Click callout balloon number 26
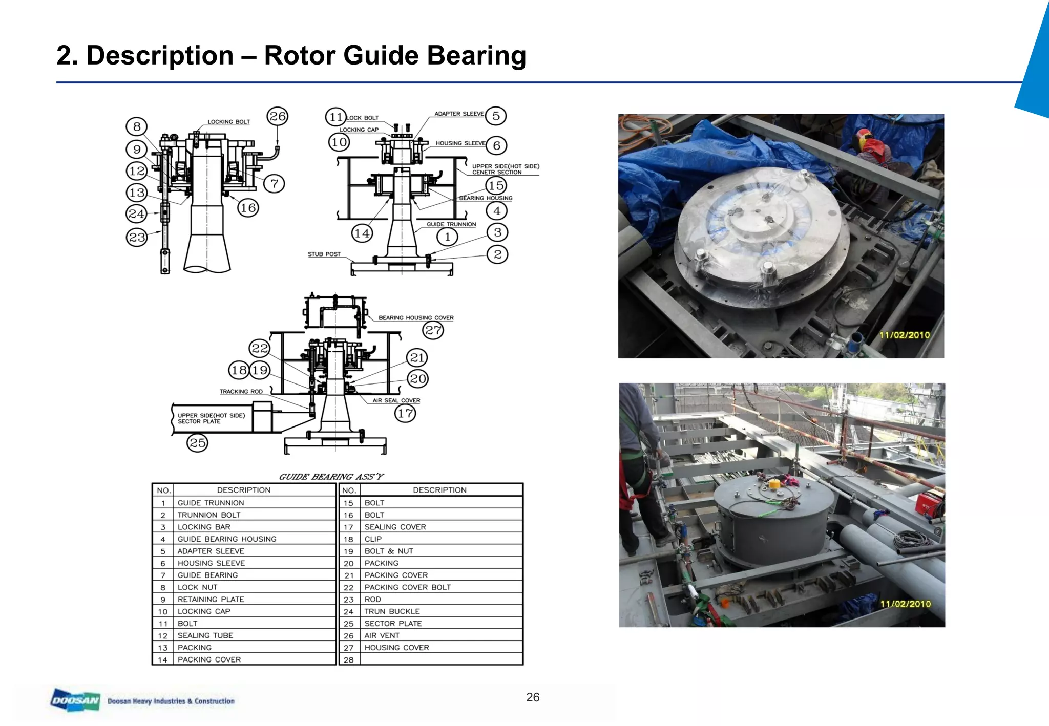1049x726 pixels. tap(277, 117)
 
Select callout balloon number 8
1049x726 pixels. tap(136, 126)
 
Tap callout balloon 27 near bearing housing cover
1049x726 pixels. tap(433, 330)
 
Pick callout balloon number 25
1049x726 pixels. tap(197, 443)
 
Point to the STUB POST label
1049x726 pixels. tap(324, 254)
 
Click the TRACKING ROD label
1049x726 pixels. tap(241, 392)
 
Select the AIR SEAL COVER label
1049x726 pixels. tap(396, 400)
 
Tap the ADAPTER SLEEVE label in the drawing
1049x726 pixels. tap(458, 114)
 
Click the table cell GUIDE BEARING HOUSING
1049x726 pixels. tap(226, 539)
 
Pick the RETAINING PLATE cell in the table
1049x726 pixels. tap(211, 599)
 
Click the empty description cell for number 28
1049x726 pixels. tap(440, 659)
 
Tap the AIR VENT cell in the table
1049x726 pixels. tap(382, 635)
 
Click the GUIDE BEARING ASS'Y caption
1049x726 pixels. tap(331, 477)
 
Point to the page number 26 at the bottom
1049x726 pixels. tap(533, 697)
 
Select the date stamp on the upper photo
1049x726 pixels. tap(904, 335)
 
